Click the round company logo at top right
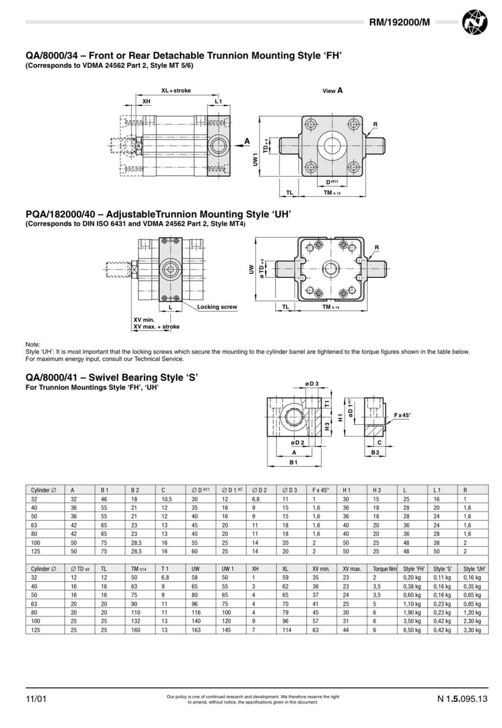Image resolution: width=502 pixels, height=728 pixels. (x=474, y=22)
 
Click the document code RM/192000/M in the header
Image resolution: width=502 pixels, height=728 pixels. (x=399, y=22)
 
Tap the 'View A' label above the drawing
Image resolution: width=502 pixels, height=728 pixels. (x=332, y=91)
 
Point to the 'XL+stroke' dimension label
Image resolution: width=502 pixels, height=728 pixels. (x=176, y=91)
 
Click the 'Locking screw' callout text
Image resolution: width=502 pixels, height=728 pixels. (x=217, y=307)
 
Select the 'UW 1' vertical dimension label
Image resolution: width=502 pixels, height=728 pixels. (x=255, y=159)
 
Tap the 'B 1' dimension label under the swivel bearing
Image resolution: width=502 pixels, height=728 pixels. (x=294, y=462)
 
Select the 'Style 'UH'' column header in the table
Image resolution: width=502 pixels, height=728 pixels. (x=474, y=569)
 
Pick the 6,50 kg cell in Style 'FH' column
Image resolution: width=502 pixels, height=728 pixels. (x=412, y=630)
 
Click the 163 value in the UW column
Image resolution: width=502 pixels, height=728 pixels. (x=196, y=630)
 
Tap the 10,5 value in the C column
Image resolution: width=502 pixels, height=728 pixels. (x=166, y=499)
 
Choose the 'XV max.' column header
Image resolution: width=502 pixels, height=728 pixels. (x=352, y=569)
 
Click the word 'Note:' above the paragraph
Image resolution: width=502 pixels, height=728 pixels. (x=33, y=345)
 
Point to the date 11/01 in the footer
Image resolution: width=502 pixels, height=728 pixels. (x=36, y=699)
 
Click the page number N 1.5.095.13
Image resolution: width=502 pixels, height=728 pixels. (x=462, y=699)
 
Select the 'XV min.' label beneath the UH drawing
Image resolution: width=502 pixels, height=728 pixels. (x=144, y=320)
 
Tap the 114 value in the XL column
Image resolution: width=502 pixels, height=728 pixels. (x=286, y=630)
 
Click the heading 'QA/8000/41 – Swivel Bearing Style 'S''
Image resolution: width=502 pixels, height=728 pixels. (x=111, y=377)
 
